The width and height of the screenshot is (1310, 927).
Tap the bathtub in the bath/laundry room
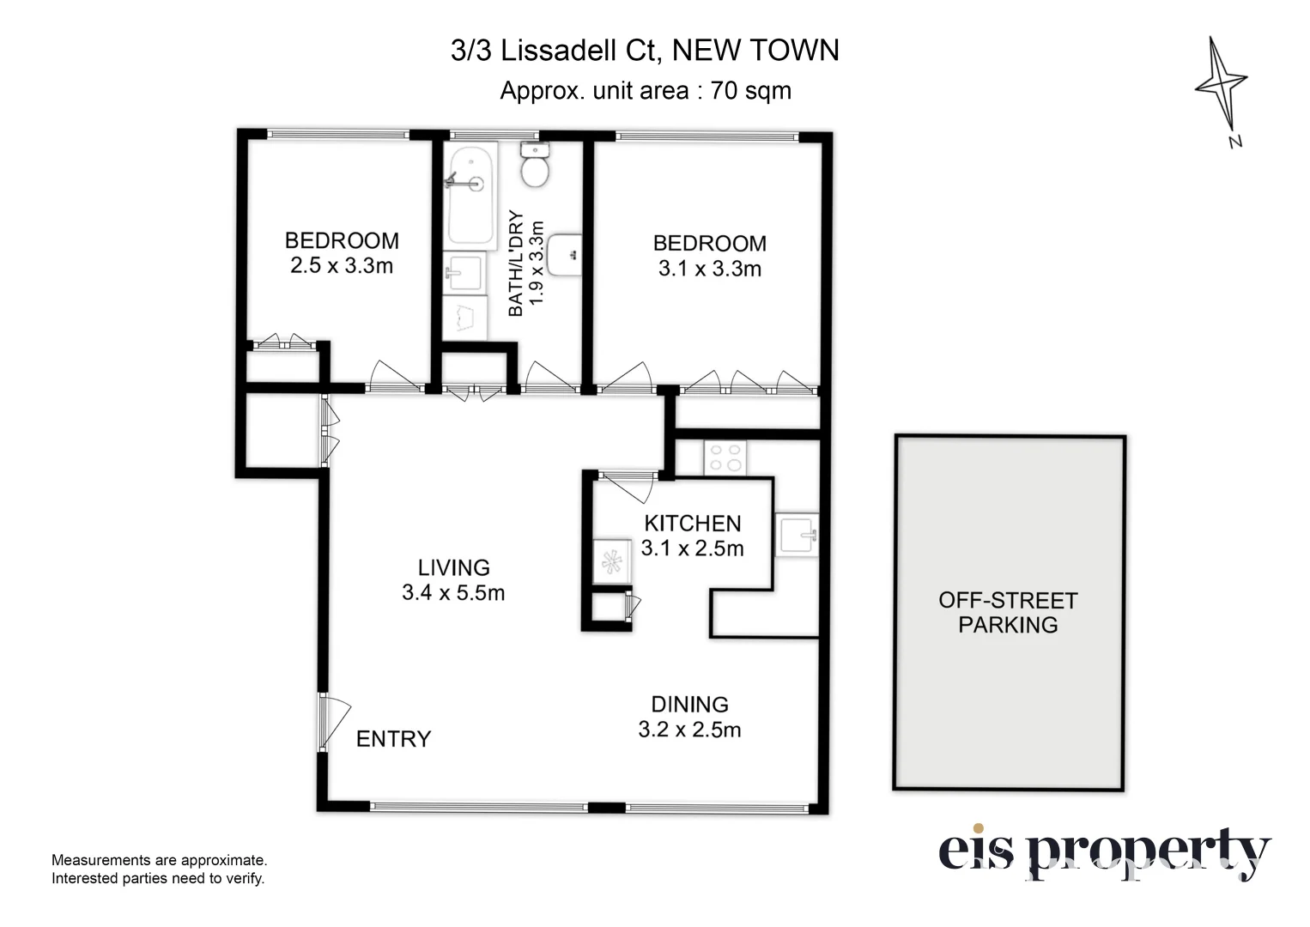tap(470, 196)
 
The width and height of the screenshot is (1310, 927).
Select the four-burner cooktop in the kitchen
tap(725, 458)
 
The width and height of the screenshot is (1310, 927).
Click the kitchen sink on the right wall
tap(797, 535)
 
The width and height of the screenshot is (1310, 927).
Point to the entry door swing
tap(335, 723)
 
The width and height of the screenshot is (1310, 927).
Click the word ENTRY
tap(393, 739)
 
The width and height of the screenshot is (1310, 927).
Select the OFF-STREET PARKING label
tap(1008, 612)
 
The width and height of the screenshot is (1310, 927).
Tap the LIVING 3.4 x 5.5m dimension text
tap(453, 580)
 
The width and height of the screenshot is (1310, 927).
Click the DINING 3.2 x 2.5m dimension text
tap(689, 717)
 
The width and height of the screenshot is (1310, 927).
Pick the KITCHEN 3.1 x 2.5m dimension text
tap(693, 536)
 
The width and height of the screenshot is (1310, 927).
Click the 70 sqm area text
tap(751, 91)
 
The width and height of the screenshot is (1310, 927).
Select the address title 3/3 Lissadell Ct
tap(556, 51)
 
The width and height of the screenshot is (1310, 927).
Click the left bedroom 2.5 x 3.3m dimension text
tap(342, 265)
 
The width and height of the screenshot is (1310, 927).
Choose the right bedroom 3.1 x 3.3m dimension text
tap(709, 269)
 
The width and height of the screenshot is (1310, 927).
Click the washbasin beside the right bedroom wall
tap(565, 254)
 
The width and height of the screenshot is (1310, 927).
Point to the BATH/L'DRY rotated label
tap(515, 264)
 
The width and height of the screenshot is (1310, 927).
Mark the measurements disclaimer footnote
tap(159, 869)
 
